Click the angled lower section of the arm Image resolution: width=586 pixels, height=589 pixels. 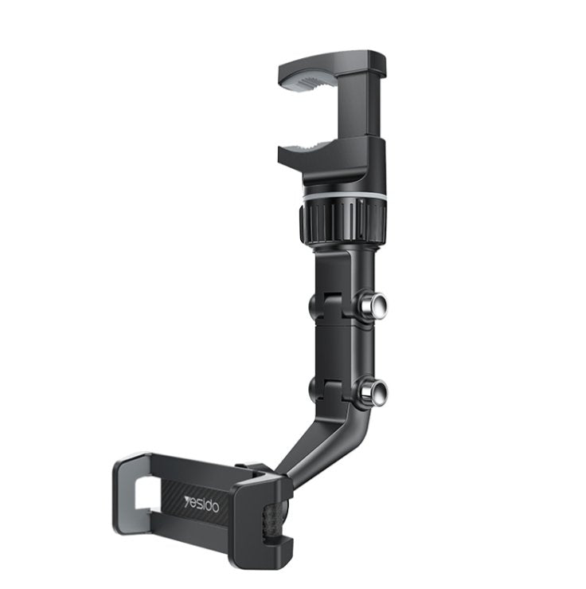pos(311,446)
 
